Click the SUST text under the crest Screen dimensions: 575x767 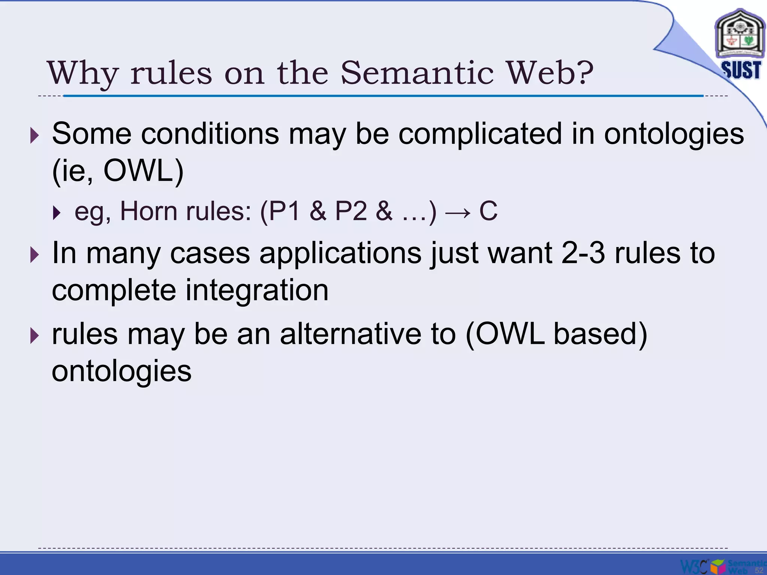coord(741,70)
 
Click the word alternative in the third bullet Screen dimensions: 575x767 coord(350,334)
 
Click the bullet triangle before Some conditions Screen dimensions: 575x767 coord(34,135)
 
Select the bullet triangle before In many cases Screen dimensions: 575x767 coord(34,255)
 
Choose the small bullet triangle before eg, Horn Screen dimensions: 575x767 coord(57,213)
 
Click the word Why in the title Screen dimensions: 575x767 coord(82,73)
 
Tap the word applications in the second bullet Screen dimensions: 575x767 coord(340,253)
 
